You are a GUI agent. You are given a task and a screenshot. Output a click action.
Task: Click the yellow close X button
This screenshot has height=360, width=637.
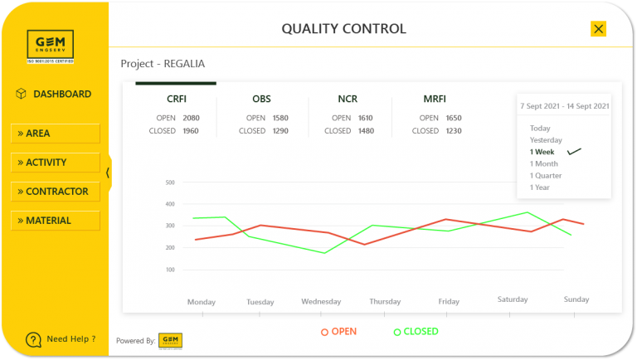pyautogui.click(x=598, y=29)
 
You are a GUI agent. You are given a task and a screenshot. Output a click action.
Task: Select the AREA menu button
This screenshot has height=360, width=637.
pyautogui.click(x=56, y=134)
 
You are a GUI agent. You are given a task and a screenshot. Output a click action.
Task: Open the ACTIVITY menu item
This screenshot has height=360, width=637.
pyautogui.click(x=56, y=163)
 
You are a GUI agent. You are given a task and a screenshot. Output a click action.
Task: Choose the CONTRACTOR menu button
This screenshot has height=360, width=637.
pyautogui.click(x=56, y=192)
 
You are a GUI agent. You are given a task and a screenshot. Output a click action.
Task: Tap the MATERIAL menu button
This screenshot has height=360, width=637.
pyautogui.click(x=56, y=221)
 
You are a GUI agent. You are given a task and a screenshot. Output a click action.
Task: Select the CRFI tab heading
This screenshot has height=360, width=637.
pyautogui.click(x=176, y=100)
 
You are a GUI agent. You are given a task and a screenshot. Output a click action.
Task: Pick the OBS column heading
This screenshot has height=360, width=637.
pyautogui.click(x=261, y=100)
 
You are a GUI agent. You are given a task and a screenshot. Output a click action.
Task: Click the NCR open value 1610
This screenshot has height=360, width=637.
pyautogui.click(x=366, y=119)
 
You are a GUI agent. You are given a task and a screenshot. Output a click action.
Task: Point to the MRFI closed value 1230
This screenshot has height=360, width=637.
pyautogui.click(x=453, y=131)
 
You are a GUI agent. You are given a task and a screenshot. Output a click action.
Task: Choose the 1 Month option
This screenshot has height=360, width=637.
pyautogui.click(x=544, y=164)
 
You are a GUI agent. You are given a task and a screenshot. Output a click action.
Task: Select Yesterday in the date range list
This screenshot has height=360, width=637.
pyautogui.click(x=546, y=140)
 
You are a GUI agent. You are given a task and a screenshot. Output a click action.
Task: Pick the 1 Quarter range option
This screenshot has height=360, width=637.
pyautogui.click(x=546, y=176)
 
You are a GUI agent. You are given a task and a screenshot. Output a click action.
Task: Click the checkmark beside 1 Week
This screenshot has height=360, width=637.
pyautogui.click(x=574, y=152)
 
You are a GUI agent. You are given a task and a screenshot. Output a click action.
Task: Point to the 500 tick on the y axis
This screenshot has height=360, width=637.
pyautogui.click(x=170, y=182)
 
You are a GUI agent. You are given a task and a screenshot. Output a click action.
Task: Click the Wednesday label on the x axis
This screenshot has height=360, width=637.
pyautogui.click(x=321, y=302)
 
